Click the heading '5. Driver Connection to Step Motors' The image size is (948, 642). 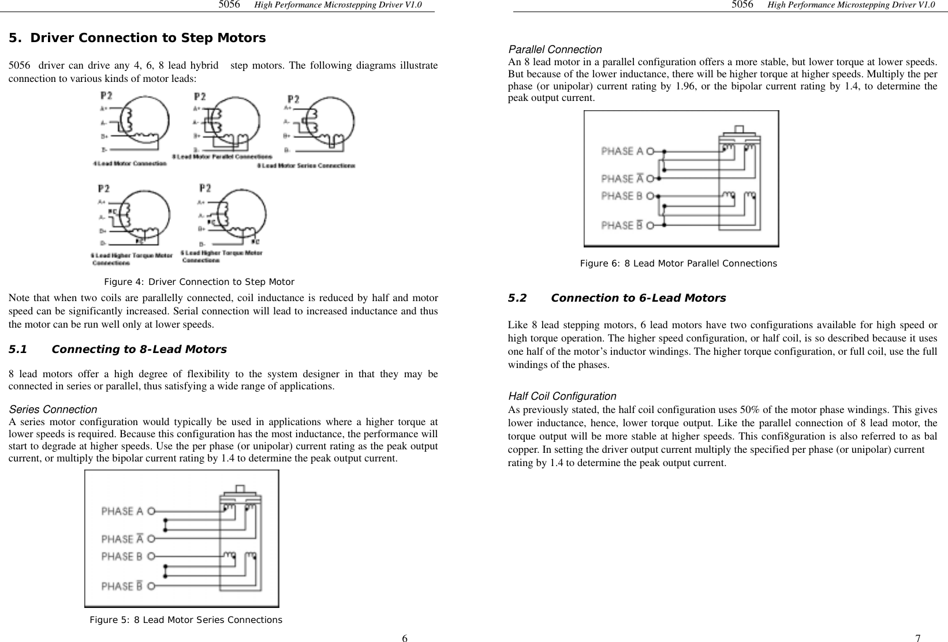[x=137, y=39]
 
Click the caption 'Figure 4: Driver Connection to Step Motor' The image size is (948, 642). [x=199, y=282]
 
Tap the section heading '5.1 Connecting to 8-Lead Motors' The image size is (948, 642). [x=118, y=350]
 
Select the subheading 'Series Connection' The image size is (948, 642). [x=53, y=410]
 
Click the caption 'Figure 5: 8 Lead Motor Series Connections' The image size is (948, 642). [x=185, y=620]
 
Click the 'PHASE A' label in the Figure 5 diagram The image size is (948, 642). [x=122, y=511]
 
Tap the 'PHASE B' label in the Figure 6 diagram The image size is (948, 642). [x=622, y=196]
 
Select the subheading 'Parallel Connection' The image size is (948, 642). [x=554, y=50]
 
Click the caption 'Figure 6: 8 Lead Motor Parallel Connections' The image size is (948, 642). [x=678, y=264]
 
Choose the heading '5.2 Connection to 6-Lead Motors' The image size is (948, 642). [x=616, y=298]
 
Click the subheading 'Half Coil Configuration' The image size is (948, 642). [x=562, y=396]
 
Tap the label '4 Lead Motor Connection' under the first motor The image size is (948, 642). [x=130, y=163]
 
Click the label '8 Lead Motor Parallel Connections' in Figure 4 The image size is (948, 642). [x=222, y=157]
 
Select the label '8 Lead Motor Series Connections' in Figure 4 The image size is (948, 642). [x=305, y=166]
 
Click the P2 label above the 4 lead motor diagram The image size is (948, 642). [x=106, y=95]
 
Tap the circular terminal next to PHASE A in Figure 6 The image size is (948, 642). [x=651, y=151]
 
